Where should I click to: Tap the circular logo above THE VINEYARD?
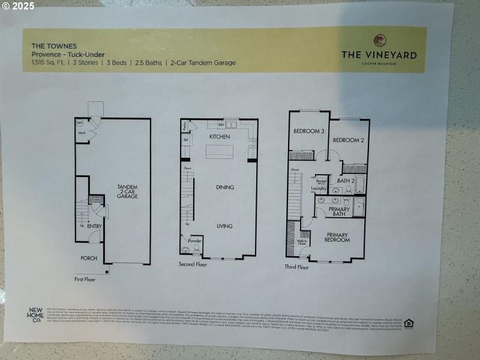click(x=379, y=41)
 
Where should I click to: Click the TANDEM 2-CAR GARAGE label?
click(x=127, y=192)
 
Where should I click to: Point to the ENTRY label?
click(x=94, y=226)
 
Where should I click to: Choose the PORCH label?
click(x=89, y=258)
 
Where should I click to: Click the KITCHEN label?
click(x=220, y=137)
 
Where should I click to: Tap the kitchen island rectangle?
click(x=219, y=152)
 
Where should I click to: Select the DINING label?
click(x=225, y=187)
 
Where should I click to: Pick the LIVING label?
click(x=225, y=226)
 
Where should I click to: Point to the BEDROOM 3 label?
click(x=308, y=131)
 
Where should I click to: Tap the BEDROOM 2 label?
click(x=349, y=140)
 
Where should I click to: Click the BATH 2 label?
click(x=346, y=180)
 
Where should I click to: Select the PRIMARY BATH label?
click(x=340, y=211)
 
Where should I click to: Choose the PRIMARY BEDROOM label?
click(x=337, y=237)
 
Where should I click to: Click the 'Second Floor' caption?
click(x=193, y=264)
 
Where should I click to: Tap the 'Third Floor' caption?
click(x=296, y=267)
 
